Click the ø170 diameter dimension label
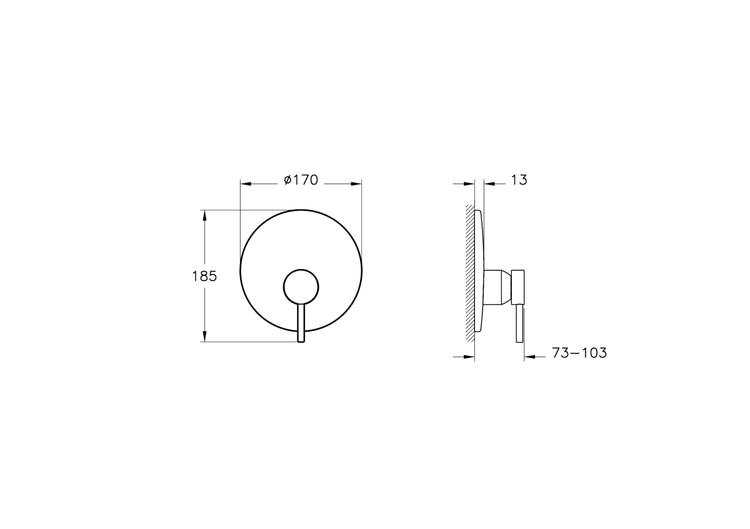(x=301, y=180)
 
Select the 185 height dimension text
(x=204, y=277)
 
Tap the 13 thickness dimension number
(x=519, y=180)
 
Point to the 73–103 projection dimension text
(x=579, y=353)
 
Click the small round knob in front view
(x=301, y=287)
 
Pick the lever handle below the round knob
(x=301, y=324)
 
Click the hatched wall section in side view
(x=470, y=274)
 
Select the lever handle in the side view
(x=519, y=324)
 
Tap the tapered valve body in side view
(x=497, y=287)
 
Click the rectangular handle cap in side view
(x=517, y=287)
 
